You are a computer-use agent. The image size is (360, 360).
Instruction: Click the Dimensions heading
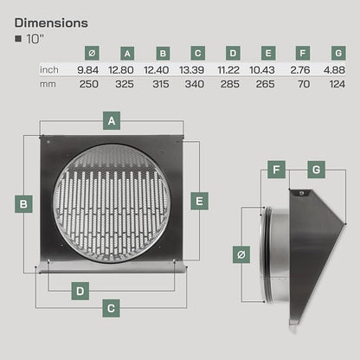51,23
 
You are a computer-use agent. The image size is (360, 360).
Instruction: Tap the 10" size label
35,39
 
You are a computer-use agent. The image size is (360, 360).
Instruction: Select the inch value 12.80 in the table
121,70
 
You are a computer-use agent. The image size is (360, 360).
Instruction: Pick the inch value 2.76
300,70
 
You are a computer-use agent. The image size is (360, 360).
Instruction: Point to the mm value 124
337,84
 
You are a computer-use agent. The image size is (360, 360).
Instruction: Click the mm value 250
89,84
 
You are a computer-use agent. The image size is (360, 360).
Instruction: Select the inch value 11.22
228,70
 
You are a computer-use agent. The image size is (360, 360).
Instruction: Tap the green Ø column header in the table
92,53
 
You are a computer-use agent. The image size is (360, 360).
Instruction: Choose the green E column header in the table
268,53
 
